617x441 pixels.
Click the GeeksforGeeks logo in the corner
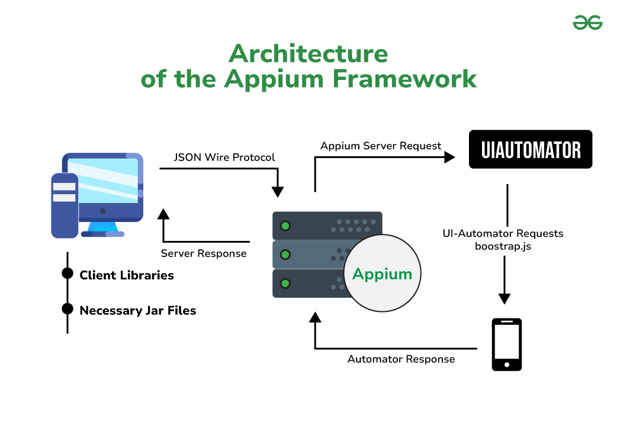(x=587, y=23)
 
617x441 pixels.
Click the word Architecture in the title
(x=308, y=54)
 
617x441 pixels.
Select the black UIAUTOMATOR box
(x=531, y=149)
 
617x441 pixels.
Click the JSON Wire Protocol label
(x=224, y=157)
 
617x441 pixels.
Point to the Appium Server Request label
(x=381, y=146)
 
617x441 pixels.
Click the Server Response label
(x=204, y=253)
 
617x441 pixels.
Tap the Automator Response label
(x=401, y=359)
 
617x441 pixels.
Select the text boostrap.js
(x=503, y=245)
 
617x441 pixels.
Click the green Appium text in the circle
(x=382, y=274)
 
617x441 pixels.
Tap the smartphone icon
(x=507, y=345)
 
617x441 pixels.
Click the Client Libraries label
(x=127, y=275)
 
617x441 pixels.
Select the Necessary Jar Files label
(x=137, y=310)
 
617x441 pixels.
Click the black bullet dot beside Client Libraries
(x=68, y=274)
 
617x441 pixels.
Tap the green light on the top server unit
(x=285, y=226)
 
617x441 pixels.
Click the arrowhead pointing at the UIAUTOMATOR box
(x=449, y=157)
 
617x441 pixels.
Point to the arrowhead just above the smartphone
(x=503, y=298)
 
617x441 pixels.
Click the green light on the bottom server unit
(x=285, y=284)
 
